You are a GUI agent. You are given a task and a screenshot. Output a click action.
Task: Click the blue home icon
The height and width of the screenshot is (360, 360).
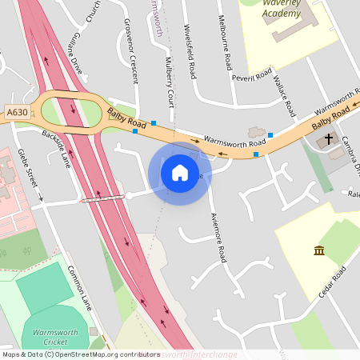coord(180,173)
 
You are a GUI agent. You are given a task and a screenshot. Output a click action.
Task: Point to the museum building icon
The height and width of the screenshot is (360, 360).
coord(319,250)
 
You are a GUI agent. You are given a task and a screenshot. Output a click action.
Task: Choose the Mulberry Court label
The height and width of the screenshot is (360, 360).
coord(170,81)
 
